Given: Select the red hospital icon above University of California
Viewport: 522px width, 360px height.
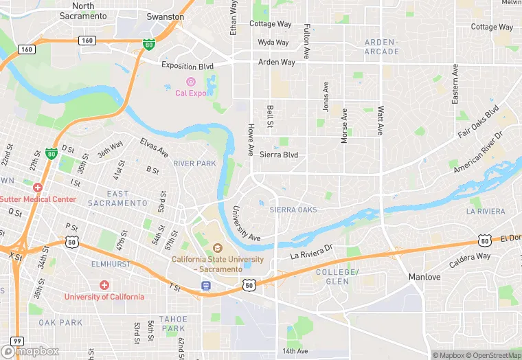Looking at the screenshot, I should tap(104, 284).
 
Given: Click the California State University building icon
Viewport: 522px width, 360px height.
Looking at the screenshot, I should tap(218, 248).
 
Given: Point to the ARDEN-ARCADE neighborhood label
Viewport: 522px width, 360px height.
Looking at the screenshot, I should tap(381, 47).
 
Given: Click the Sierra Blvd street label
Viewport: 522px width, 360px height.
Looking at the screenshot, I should tap(279, 155).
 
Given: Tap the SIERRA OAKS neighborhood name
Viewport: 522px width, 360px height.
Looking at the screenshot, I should tap(293, 210).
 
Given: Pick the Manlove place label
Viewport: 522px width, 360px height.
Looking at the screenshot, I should tap(424, 277).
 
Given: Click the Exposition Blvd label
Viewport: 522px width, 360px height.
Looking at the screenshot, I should tap(188, 66).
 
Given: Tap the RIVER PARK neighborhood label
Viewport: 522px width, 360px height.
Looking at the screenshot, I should tap(194, 164).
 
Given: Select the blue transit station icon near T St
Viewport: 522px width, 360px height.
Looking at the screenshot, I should tap(206, 285).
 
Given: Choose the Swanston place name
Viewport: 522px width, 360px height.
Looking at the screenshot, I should tap(166, 16).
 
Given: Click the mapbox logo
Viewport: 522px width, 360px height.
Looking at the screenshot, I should tap(34, 351).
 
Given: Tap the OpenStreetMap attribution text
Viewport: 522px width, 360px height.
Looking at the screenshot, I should tap(493, 355).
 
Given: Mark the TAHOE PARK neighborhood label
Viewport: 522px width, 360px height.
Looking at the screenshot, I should tap(172, 324).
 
